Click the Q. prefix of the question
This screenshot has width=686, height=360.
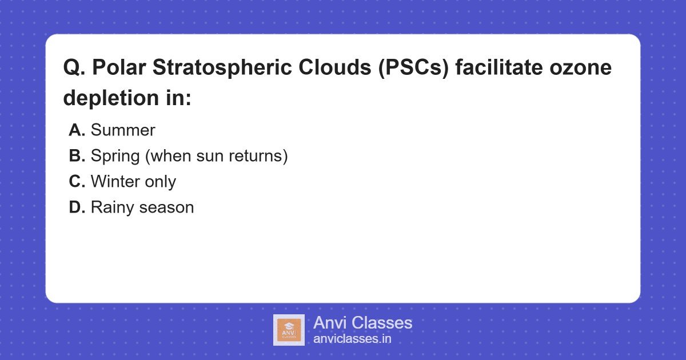(74, 68)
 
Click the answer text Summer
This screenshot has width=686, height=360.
(123, 130)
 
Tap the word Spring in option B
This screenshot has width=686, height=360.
(114, 156)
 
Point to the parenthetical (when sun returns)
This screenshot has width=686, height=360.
(215, 156)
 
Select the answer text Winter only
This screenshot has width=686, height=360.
(133, 182)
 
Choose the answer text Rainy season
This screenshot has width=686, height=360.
(142, 207)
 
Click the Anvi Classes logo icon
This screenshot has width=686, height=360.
(289, 330)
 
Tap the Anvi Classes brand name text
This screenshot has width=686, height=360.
(362, 323)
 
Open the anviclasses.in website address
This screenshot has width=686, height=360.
(352, 339)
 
